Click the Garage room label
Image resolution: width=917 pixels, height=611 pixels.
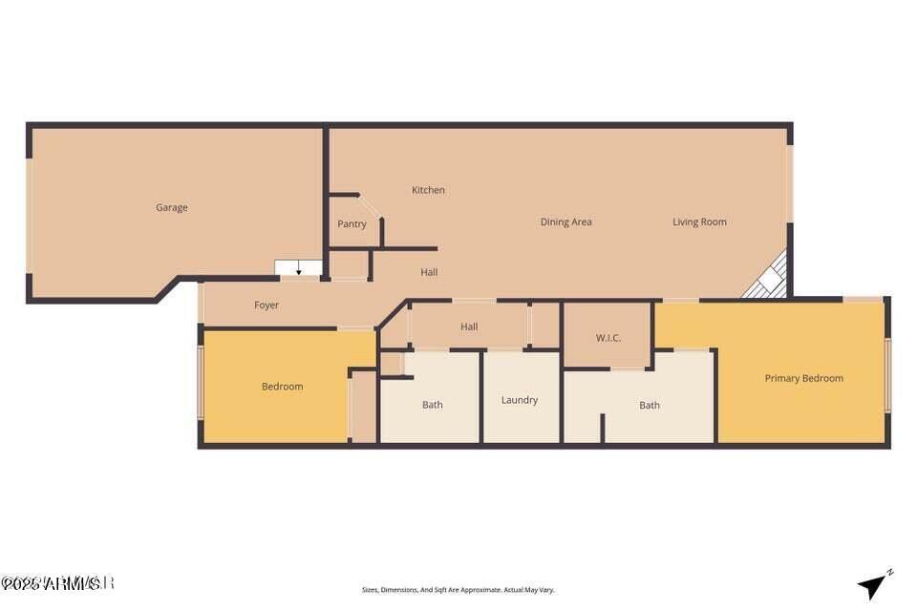click(172, 207)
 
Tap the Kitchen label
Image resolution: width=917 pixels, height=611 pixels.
click(428, 190)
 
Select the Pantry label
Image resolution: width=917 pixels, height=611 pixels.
click(352, 224)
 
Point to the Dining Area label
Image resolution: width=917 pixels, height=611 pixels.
click(565, 222)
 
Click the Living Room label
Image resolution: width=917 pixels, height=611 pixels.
click(699, 222)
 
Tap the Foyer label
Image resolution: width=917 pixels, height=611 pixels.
click(267, 305)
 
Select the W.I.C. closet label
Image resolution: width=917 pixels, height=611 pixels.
click(608, 337)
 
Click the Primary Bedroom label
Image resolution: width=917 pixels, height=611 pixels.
click(803, 378)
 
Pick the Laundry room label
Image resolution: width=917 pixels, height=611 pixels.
click(520, 400)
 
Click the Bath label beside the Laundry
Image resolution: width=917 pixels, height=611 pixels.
click(433, 405)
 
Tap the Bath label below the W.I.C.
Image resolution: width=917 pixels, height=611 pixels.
click(650, 405)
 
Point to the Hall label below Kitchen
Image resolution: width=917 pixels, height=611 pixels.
click(429, 272)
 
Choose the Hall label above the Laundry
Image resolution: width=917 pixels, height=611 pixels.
click(469, 327)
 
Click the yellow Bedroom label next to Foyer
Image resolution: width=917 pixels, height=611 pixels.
click(282, 387)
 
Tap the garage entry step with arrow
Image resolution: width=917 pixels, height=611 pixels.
click(298, 268)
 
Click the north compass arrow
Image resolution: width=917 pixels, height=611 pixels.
click(873, 584)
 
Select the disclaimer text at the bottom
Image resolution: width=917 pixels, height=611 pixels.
click(458, 590)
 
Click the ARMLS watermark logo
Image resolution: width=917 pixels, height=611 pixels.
click(57, 582)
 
